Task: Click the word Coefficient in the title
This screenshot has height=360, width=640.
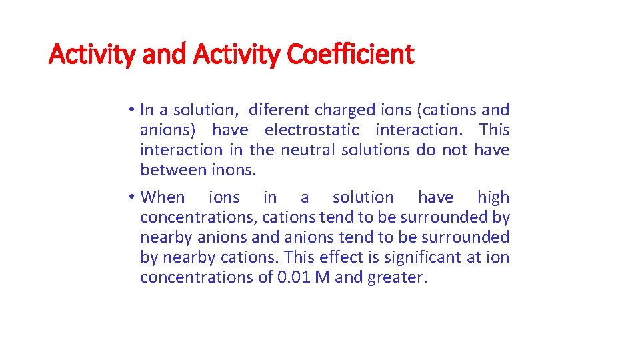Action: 350,54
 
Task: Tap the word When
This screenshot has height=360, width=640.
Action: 163,197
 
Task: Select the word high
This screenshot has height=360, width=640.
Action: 493,197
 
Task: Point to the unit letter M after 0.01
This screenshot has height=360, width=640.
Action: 323,277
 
